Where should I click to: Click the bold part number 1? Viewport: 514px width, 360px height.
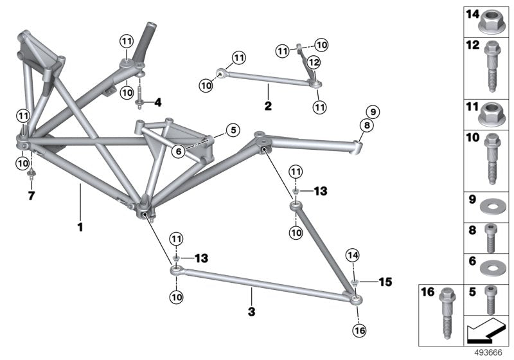(x=80, y=227)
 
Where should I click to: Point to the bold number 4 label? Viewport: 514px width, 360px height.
(x=157, y=102)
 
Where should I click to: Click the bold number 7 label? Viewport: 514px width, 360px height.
(x=30, y=194)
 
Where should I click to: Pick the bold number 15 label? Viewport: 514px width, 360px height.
(x=384, y=282)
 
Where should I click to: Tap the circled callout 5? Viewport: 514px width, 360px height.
(x=232, y=130)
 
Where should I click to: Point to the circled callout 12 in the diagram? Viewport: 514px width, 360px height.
(x=313, y=62)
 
